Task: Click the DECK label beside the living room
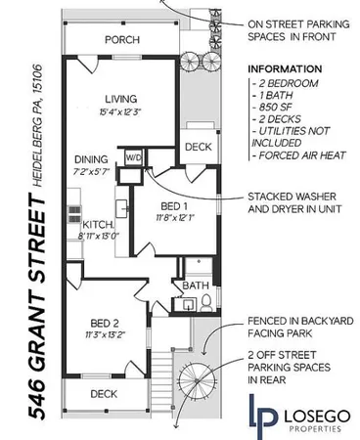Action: click(x=198, y=147)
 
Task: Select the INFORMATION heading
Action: click(x=285, y=69)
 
